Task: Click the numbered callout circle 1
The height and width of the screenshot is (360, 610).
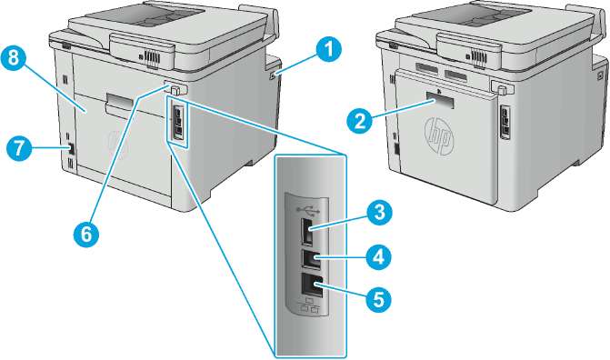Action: tap(328, 51)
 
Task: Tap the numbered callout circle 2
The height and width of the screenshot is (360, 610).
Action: tap(360, 120)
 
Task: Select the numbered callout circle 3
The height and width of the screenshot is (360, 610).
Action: tap(378, 212)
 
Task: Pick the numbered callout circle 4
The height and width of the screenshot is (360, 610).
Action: tap(378, 256)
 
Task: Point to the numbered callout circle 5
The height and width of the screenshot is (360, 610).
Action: tap(378, 299)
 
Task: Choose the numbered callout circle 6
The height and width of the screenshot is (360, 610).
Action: tap(86, 234)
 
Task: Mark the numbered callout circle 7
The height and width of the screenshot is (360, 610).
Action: tap(19, 148)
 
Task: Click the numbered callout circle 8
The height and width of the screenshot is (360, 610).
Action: tap(14, 58)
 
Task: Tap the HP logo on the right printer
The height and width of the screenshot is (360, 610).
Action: tap(439, 137)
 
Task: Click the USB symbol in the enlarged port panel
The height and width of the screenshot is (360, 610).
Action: tap(307, 211)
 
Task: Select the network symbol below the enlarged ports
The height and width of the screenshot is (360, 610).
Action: tap(308, 306)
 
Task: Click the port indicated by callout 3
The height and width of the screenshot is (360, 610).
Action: tap(307, 233)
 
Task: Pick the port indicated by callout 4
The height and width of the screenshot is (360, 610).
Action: tap(311, 259)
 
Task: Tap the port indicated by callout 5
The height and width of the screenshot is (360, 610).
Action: tap(312, 285)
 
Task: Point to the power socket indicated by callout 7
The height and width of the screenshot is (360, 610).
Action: tap(71, 149)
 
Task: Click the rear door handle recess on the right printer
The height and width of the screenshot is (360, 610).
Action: tap(440, 100)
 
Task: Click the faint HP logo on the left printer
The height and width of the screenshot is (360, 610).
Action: tap(118, 145)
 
